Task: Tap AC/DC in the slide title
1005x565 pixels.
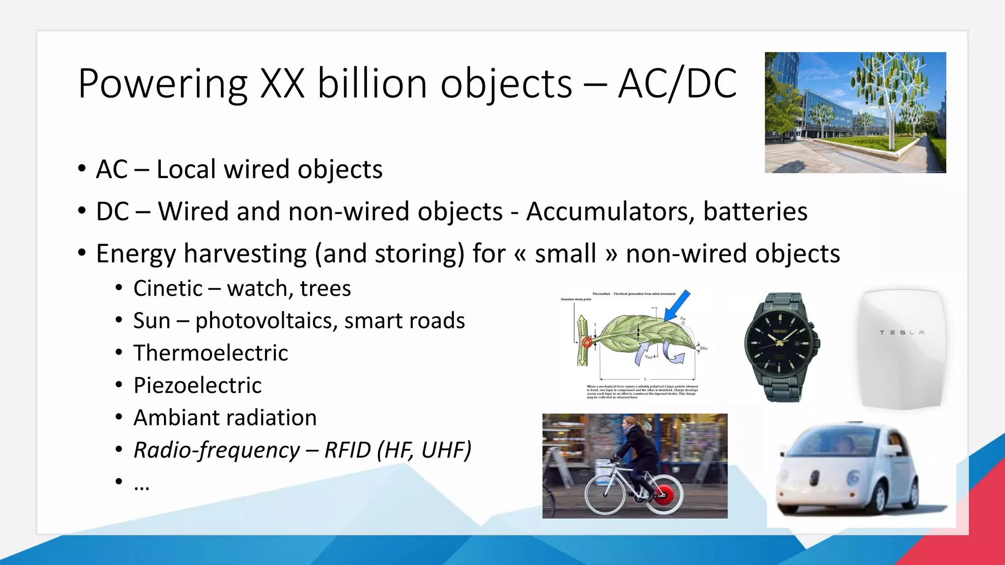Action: click(677, 83)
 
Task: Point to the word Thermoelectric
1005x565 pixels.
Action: click(211, 353)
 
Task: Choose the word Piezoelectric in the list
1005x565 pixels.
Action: click(197, 385)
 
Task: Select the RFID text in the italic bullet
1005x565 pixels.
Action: click(347, 450)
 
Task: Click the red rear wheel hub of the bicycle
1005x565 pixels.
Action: click(664, 495)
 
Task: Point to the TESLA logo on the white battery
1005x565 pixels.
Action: click(901, 333)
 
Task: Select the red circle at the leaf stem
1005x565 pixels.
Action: click(587, 342)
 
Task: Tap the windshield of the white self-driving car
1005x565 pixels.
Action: click(829, 443)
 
